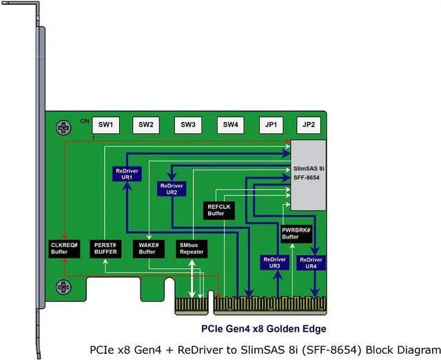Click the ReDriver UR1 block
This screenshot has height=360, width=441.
[x=126, y=173]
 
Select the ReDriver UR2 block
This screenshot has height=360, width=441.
[x=172, y=189]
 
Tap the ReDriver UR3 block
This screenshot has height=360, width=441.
[x=274, y=262]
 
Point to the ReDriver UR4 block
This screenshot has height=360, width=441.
[x=310, y=262]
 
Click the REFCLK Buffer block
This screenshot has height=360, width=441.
[x=220, y=210]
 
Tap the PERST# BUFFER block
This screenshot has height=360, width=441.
[x=107, y=248]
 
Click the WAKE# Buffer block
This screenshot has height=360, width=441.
[x=149, y=248]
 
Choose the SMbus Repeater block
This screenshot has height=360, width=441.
[x=192, y=248]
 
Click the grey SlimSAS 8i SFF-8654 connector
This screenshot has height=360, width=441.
[x=308, y=175]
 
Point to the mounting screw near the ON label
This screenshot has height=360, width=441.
[x=64, y=128]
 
